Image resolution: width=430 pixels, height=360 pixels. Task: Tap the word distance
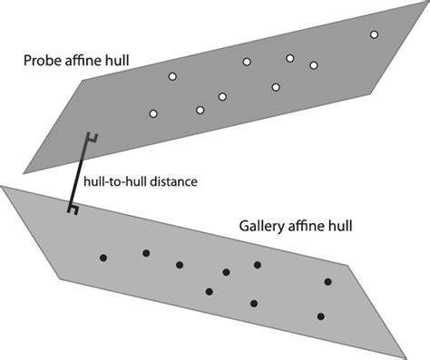coord(176,181)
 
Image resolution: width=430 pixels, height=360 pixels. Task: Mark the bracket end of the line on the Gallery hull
coord(70,209)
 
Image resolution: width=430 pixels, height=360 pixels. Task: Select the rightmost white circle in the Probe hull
coord(374,34)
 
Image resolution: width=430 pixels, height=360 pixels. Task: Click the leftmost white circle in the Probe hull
coord(152,113)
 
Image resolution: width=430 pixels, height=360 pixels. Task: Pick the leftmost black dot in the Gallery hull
coord(103,258)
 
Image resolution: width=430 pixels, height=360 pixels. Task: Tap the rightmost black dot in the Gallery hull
coord(327,283)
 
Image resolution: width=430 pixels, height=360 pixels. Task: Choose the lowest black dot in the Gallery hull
coord(320,316)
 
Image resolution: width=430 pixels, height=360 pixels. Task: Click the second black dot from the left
coord(144,253)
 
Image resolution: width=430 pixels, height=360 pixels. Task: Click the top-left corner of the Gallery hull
coord(4,188)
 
